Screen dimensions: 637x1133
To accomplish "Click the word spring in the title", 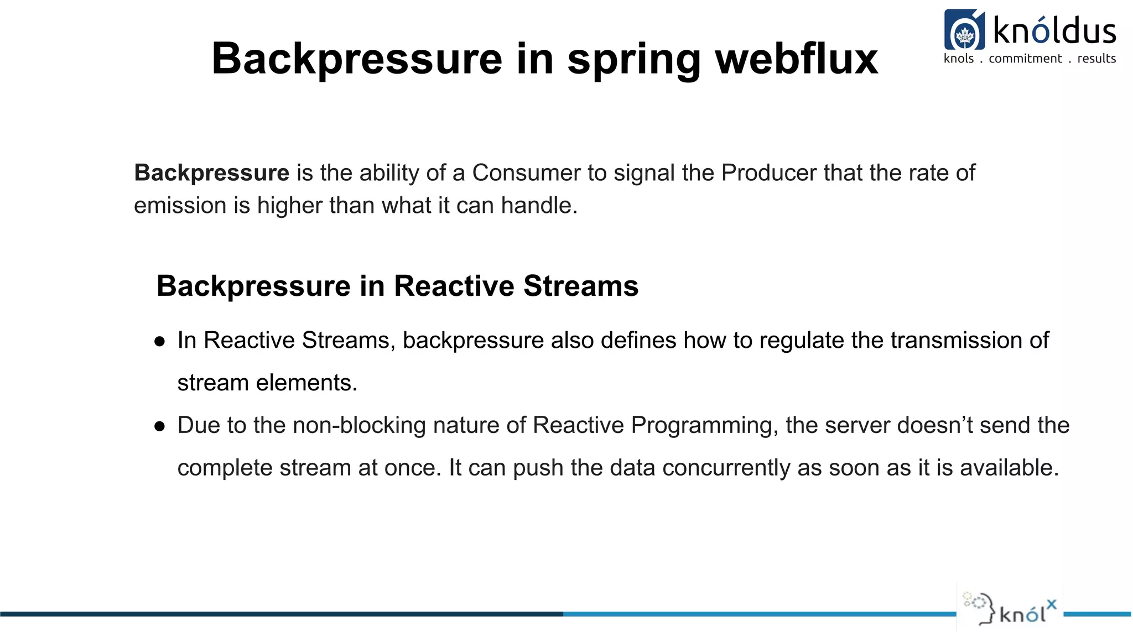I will click(x=634, y=60).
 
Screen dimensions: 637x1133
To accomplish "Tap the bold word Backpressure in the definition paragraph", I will click(x=211, y=173).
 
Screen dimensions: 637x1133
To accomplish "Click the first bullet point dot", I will click(x=160, y=342).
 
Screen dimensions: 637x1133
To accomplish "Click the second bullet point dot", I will click(x=160, y=426).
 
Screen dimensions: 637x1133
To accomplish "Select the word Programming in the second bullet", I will click(x=704, y=426).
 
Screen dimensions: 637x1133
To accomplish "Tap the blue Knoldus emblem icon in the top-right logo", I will click(x=964, y=30).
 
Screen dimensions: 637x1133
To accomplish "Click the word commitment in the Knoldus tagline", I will click(x=1025, y=59).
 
